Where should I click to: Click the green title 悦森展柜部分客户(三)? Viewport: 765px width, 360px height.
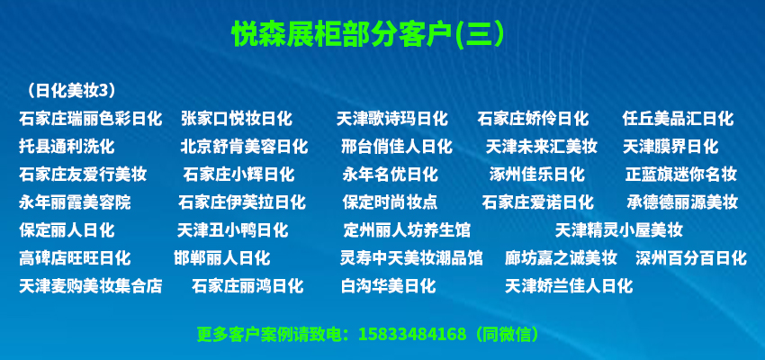tap(368, 34)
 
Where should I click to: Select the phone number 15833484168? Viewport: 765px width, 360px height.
tap(412, 335)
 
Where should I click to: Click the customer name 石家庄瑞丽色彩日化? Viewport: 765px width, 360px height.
tap(90, 119)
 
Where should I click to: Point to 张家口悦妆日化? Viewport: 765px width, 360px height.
tap(237, 119)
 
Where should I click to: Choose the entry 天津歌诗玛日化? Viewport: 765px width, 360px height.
tap(392, 119)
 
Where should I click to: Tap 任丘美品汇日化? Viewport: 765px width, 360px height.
tap(679, 119)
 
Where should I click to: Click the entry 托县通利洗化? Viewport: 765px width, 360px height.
tap(67, 147)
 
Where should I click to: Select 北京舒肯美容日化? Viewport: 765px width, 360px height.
tap(244, 147)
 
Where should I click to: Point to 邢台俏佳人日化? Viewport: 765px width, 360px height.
tap(397, 147)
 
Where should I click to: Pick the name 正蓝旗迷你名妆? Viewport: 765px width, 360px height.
tap(681, 174)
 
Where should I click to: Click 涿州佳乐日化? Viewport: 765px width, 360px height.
tap(537, 174)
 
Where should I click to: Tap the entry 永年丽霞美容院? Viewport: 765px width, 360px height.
tap(75, 202)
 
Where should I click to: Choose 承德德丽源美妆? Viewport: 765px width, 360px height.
tap(682, 202)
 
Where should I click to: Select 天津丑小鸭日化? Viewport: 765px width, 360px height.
tap(233, 229)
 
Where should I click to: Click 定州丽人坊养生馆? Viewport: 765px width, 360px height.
tap(408, 229)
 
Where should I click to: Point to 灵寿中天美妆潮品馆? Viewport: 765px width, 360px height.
tap(411, 257)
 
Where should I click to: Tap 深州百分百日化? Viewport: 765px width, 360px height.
tap(691, 257)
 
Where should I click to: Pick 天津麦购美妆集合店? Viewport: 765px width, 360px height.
tap(90, 285)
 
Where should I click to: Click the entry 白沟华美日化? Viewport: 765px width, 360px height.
tap(389, 285)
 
